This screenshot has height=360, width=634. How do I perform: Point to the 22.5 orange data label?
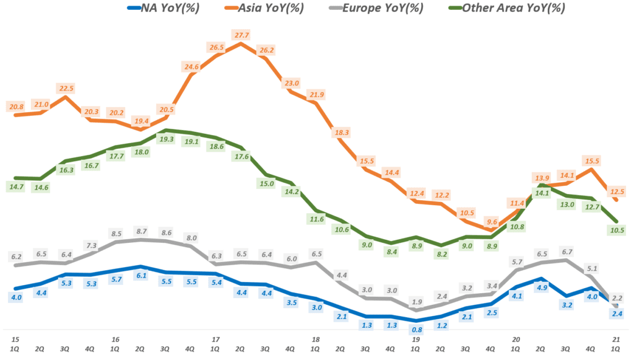(65, 88)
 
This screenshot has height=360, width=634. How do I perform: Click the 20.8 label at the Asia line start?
(17, 107)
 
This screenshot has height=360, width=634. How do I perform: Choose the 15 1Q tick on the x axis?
(15, 344)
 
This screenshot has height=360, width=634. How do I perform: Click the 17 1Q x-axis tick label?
(215, 344)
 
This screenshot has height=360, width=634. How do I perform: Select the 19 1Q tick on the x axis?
(415, 344)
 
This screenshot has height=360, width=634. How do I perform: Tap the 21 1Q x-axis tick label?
(615, 344)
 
